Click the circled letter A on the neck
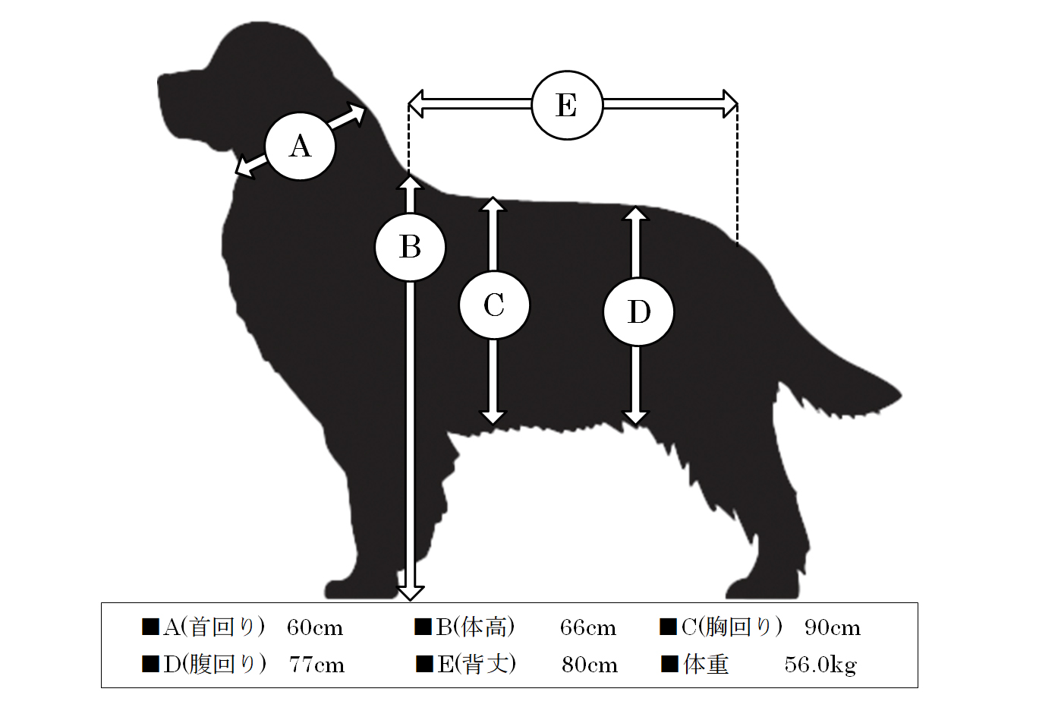(x=301, y=146)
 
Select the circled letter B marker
(x=410, y=248)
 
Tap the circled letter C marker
(x=495, y=305)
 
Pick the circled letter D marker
(x=638, y=312)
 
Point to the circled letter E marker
(x=567, y=105)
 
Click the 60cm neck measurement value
(x=314, y=628)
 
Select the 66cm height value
(x=588, y=628)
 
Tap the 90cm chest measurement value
(x=833, y=628)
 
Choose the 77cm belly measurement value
(x=316, y=665)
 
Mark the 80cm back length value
(x=590, y=665)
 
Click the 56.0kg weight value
(x=820, y=665)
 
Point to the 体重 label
(x=706, y=665)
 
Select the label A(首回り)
(x=214, y=627)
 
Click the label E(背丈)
(x=477, y=665)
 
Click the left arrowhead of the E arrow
(x=416, y=104)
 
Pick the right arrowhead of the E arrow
(x=730, y=104)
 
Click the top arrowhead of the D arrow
(x=636, y=214)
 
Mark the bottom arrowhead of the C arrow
(x=493, y=418)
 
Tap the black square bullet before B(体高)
(x=424, y=627)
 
